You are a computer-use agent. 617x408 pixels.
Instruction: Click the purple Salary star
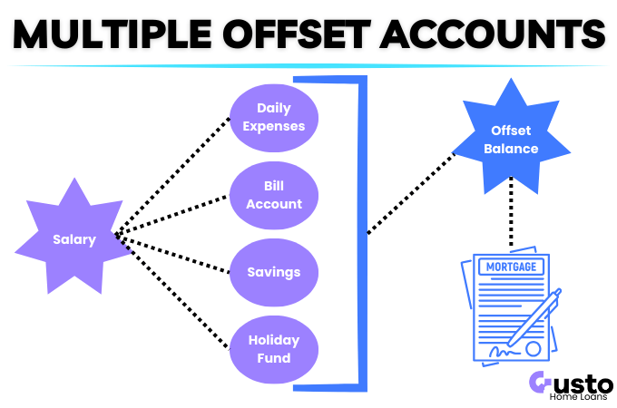click(x=72, y=238)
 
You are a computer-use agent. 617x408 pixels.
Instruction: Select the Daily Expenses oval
click(x=273, y=117)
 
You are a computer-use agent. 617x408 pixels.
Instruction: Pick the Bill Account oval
click(x=273, y=195)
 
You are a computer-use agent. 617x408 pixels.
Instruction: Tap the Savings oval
click(x=273, y=271)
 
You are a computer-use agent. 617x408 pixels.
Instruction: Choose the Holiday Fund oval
click(x=273, y=349)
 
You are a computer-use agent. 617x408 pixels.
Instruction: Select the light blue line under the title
click(x=308, y=65)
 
